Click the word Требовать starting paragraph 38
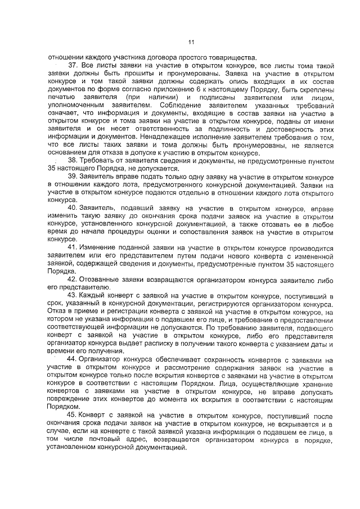pyautogui.click(x=99, y=160)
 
